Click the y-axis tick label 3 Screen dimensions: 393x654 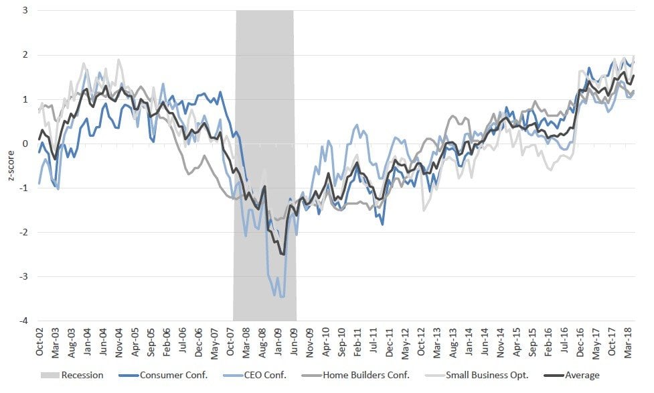(x=24, y=10)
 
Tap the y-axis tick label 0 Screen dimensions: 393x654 (x=24, y=144)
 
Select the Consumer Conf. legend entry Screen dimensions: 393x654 (x=167, y=376)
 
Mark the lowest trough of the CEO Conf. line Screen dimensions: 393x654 (x=282, y=296)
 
